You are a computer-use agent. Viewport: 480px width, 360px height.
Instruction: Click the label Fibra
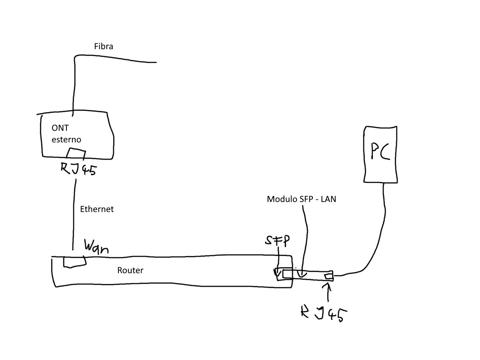pyautogui.click(x=104, y=46)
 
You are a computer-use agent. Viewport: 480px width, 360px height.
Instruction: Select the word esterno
pyautogui.click(x=66, y=140)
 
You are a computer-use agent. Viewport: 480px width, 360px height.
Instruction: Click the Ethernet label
pyautogui.click(x=97, y=209)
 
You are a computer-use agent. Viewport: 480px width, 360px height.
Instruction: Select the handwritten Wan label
pyautogui.click(x=96, y=246)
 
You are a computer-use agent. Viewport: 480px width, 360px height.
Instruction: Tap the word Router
pyautogui.click(x=130, y=270)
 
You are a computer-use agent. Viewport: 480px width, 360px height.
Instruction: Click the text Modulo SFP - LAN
pyautogui.click(x=301, y=199)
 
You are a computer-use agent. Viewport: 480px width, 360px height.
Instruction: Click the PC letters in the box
pyautogui.click(x=380, y=152)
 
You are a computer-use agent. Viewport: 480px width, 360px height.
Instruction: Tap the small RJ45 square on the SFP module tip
pyautogui.click(x=328, y=276)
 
